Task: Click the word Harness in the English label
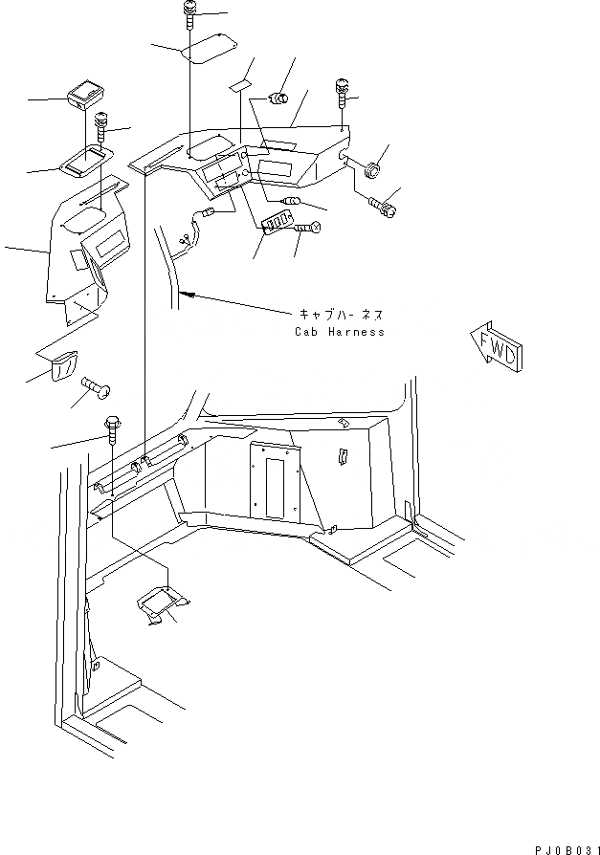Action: point(356,332)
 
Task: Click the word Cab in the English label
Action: point(307,332)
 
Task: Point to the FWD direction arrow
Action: point(495,345)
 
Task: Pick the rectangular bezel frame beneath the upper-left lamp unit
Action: point(85,160)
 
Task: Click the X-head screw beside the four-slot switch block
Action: point(308,228)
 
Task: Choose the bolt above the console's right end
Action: point(342,94)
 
